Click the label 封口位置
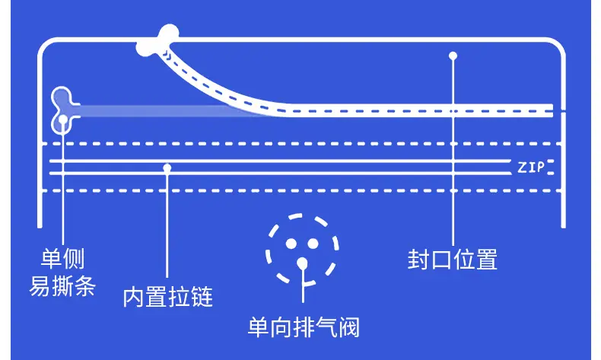(453, 260)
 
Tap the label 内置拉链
(168, 297)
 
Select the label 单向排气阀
(304, 327)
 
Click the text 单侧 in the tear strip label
(62, 259)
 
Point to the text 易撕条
(62, 286)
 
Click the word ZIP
(531, 167)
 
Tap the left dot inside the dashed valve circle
(291, 244)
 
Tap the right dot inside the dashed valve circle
(313, 243)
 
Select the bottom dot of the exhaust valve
(303, 263)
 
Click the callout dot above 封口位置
(453, 56)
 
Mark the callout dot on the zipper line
(167, 167)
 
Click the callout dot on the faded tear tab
(63, 119)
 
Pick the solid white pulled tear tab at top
(158, 40)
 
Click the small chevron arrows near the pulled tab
(167, 55)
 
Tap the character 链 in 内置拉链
(202, 297)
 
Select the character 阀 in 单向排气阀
(348, 327)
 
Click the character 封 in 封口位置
(418, 260)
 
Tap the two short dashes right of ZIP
(550, 167)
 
